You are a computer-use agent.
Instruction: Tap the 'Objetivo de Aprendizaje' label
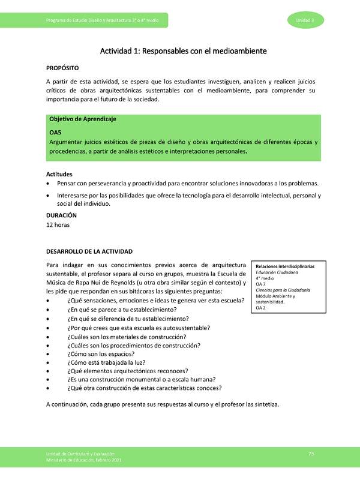click(83, 119)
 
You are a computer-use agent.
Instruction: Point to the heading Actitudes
click(59, 173)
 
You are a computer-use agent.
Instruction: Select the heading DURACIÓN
click(61, 215)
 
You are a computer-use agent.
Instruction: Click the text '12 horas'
click(58, 225)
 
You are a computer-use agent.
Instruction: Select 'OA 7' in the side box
click(260, 284)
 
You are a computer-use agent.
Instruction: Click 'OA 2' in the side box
click(260, 308)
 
